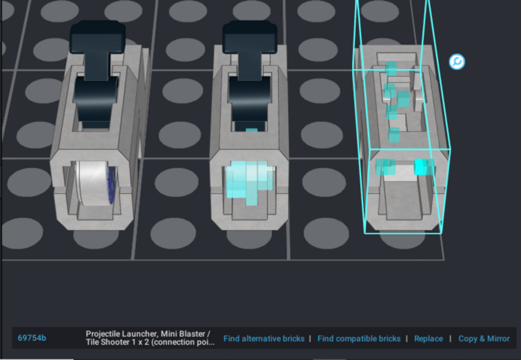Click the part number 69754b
click(x=32, y=338)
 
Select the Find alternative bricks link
click(x=264, y=338)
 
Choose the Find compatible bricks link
click(x=359, y=338)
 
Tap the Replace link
click(x=428, y=338)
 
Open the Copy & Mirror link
click(x=484, y=338)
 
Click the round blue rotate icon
click(x=457, y=62)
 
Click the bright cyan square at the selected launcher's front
click(x=420, y=167)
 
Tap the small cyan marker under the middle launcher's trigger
click(x=251, y=130)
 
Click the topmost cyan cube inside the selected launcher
click(x=391, y=68)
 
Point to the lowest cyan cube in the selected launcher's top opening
click(x=394, y=135)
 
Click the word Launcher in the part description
click(x=139, y=334)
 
